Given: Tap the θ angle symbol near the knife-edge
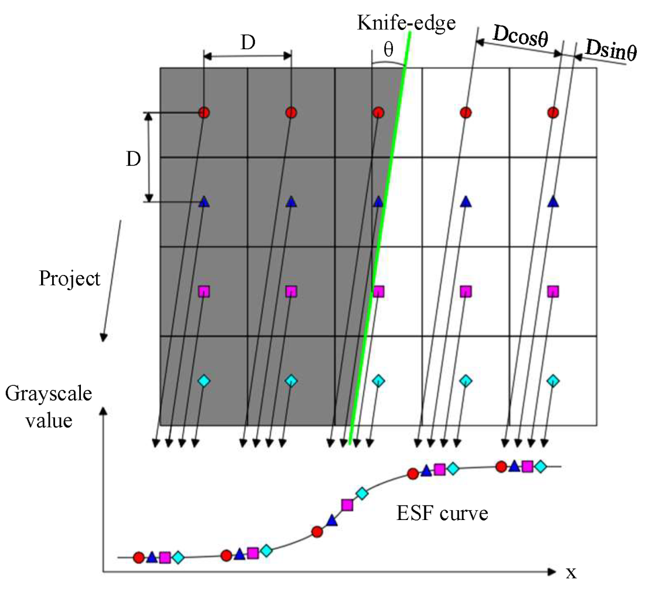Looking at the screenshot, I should [x=388, y=51].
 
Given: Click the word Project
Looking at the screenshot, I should [x=70, y=278].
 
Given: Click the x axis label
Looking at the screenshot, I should [x=571, y=572].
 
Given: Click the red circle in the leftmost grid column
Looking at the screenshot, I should [x=203, y=113].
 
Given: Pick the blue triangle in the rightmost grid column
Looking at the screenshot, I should [x=552, y=202].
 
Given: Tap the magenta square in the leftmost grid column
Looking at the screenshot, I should [x=203, y=291].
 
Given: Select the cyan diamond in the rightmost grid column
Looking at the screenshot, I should [x=552, y=381].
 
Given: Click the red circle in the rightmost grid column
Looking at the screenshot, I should [x=552, y=113].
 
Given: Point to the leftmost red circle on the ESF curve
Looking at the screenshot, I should [x=138, y=557].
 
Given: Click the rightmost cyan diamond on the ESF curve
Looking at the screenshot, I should [x=541, y=466].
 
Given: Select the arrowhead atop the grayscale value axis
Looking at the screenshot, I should [x=104, y=412].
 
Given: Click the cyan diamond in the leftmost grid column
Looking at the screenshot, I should [x=203, y=380].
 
